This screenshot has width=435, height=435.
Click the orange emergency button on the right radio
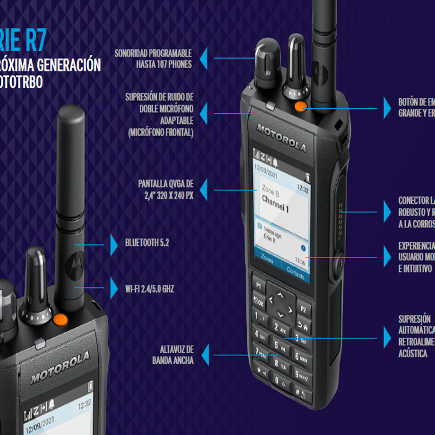point(301,106)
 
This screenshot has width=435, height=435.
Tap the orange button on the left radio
point(60,320)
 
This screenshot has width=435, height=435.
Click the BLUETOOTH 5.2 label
point(147,243)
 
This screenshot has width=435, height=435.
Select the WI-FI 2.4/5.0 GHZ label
point(150,289)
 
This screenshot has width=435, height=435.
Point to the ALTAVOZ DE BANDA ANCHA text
point(173,355)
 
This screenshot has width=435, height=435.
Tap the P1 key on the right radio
point(259,285)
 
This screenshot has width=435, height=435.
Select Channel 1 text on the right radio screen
point(275,204)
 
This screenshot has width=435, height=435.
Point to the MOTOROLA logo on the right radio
point(281,138)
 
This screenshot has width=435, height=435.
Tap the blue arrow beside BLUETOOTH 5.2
point(114,245)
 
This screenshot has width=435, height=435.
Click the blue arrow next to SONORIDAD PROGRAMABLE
point(204,58)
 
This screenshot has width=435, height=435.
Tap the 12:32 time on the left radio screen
point(84,404)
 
